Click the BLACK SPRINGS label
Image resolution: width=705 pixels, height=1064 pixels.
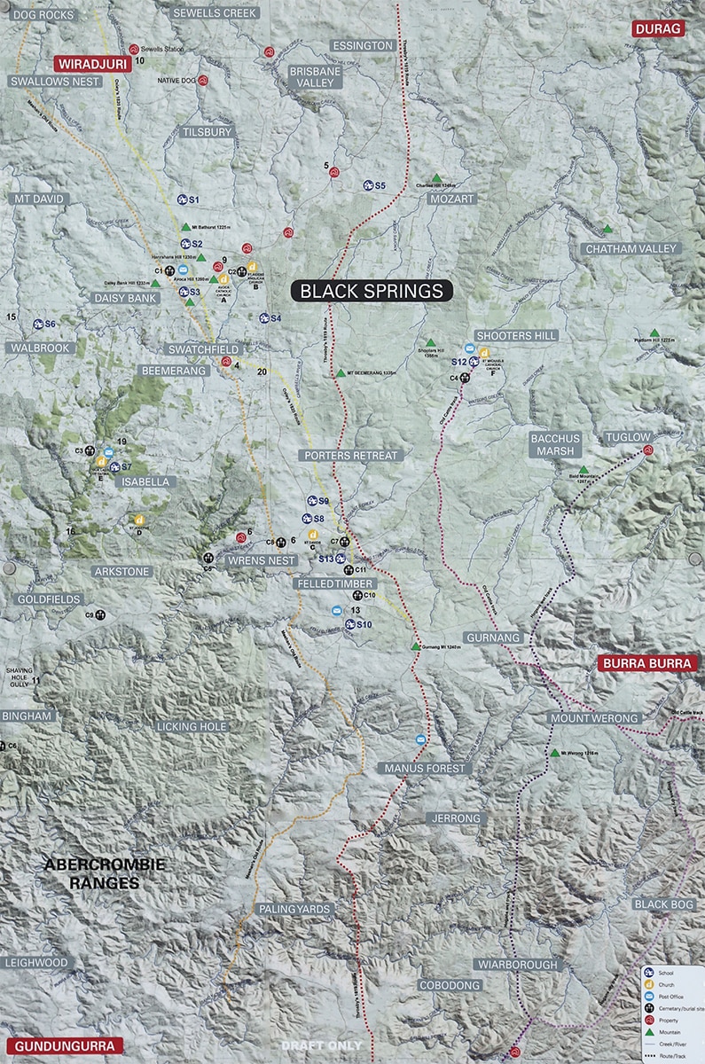coord(372,291)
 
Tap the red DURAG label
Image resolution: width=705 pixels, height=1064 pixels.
coord(658,29)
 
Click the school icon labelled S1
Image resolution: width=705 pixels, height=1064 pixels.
coord(183,199)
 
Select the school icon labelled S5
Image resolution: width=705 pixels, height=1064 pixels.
coord(368,185)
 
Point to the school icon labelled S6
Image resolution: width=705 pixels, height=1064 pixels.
coord(39,325)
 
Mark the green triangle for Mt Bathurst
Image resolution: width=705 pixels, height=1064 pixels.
coord(185,227)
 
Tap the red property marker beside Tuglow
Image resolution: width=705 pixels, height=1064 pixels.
coord(648,450)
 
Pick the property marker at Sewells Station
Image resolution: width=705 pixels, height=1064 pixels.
coord(134,50)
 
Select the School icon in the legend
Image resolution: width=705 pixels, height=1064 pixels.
coord(648,973)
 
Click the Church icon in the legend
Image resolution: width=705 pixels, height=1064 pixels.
coord(648,985)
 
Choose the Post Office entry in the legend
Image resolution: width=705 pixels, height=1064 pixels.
coord(648,997)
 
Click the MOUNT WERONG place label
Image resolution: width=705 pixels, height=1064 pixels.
coord(593,717)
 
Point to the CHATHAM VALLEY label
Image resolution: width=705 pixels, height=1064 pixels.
coord(631,249)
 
